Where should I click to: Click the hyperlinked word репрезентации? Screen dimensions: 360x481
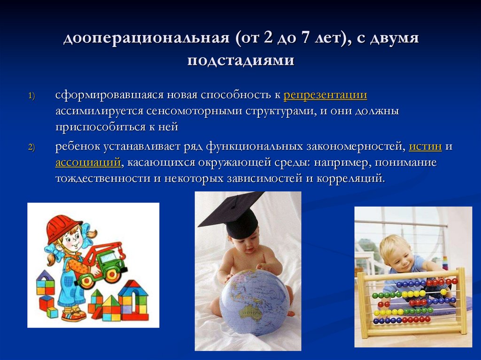(x=325, y=95)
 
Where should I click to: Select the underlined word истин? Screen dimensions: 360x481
(x=425, y=146)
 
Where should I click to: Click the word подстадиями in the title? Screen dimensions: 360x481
(x=240, y=61)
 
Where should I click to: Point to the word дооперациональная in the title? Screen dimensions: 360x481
(x=146, y=38)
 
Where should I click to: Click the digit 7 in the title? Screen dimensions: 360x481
(x=306, y=38)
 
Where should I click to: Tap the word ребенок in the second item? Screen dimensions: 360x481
(x=76, y=146)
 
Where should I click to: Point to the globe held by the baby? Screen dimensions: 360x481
(x=254, y=300)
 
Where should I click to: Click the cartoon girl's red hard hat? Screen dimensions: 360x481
(x=61, y=228)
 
